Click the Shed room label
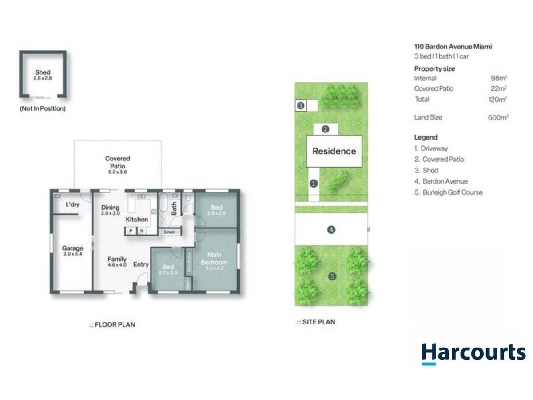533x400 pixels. click(x=43, y=72)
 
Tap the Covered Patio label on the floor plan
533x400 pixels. click(x=118, y=162)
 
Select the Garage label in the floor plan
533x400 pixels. click(x=72, y=248)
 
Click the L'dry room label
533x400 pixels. click(x=72, y=205)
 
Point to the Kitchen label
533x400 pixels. click(x=137, y=220)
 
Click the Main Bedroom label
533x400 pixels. click(x=214, y=258)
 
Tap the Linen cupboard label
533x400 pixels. click(x=169, y=232)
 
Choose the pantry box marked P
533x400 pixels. click(x=131, y=231)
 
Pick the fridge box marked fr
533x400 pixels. click(x=142, y=231)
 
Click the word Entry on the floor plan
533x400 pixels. click(x=141, y=264)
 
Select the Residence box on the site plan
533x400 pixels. click(x=334, y=151)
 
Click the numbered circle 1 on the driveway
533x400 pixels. click(x=314, y=183)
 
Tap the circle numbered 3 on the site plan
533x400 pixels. click(x=301, y=106)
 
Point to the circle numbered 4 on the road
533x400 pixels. click(x=331, y=230)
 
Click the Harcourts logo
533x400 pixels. click(x=473, y=353)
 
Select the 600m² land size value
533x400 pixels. click(x=497, y=117)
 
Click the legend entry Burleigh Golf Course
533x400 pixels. click(x=448, y=192)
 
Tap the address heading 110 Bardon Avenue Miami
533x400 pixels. click(x=453, y=47)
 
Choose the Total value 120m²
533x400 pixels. click(x=497, y=99)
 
